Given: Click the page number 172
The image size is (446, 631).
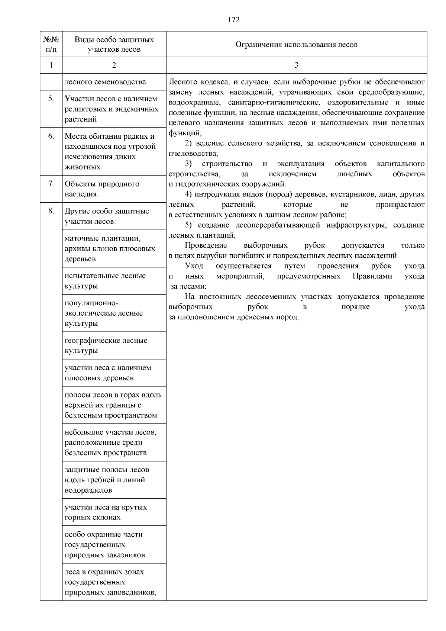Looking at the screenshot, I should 233,20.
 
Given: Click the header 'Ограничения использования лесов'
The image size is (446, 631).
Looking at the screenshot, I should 296,45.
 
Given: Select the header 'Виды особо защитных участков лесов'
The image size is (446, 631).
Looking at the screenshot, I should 114,45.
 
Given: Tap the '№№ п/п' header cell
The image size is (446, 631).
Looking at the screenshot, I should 51,45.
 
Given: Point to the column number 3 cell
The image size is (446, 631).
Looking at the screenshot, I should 296,65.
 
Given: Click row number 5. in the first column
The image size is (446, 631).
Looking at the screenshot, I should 51,99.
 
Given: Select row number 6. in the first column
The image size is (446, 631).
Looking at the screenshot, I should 51,136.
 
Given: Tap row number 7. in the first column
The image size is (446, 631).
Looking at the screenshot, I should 51,184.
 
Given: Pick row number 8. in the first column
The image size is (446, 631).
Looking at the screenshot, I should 51,211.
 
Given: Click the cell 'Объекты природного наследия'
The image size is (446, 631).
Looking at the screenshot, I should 102,189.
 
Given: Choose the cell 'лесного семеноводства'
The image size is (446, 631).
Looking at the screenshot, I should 105,82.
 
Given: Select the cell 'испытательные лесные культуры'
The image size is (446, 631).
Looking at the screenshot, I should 105,281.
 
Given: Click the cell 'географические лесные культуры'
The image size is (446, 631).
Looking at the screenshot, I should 106,345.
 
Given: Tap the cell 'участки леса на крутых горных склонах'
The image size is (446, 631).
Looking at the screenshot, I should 106,512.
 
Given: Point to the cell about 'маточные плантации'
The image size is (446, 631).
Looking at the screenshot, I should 110,248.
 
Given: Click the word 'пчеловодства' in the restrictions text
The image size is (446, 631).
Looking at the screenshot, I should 192,154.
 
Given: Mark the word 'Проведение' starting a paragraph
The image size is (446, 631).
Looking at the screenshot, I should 206,245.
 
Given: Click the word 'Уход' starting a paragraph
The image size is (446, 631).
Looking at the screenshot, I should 194,266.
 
